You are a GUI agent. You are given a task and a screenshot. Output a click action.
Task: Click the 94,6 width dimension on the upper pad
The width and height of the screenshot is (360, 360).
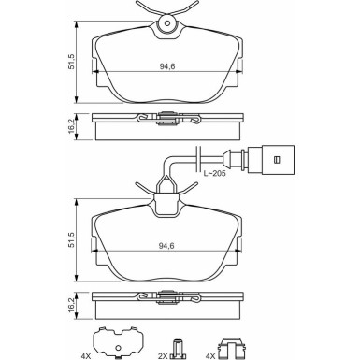(167, 66)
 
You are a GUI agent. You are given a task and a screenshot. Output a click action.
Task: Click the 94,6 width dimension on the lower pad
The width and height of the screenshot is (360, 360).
(166, 246)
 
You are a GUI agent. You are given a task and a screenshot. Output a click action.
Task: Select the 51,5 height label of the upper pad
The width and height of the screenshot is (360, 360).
(72, 62)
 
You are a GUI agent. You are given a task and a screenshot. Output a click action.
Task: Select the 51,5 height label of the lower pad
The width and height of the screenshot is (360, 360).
(72, 239)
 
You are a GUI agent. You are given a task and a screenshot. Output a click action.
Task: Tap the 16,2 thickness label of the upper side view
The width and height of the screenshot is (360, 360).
(72, 126)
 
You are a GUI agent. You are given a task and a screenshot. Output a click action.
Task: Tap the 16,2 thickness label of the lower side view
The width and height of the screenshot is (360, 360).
(72, 305)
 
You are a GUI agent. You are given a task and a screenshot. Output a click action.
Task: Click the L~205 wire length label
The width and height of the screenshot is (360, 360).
(214, 173)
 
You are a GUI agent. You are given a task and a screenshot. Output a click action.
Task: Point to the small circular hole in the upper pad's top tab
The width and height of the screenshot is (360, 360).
(167, 23)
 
